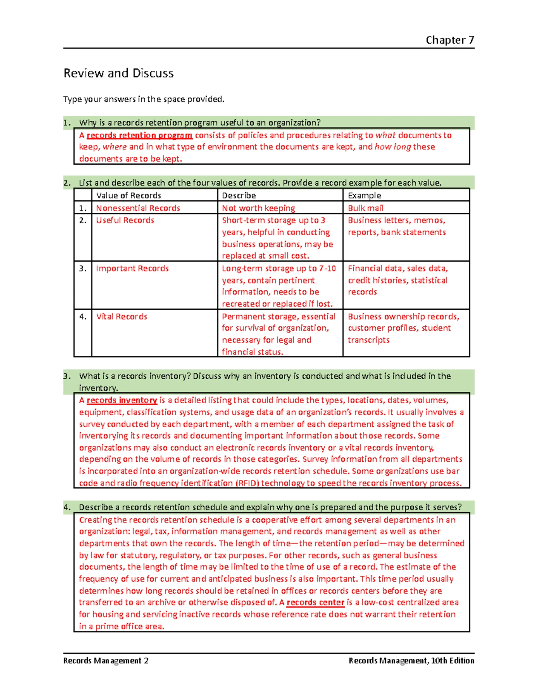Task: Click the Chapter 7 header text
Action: [x=450, y=40]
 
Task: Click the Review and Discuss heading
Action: [x=118, y=73]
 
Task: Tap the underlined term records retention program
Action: [x=139, y=135]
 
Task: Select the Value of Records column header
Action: [x=129, y=195]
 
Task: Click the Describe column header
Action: [x=239, y=195]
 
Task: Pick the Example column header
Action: [x=364, y=195]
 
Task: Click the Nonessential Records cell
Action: [x=138, y=208]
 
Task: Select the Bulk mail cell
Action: [x=365, y=208]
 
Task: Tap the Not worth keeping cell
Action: [x=258, y=208]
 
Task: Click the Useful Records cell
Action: [x=125, y=220]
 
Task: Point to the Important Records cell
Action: [x=132, y=268]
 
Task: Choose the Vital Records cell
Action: [x=121, y=316]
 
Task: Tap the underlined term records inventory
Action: [x=121, y=400]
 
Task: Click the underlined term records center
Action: [x=315, y=602]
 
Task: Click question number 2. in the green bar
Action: [x=67, y=183]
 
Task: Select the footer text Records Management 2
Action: [x=106, y=661]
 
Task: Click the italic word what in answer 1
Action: [x=385, y=135]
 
